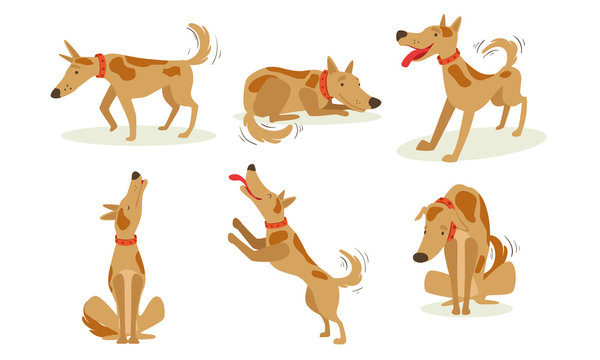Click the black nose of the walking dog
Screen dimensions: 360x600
[x=56, y=93]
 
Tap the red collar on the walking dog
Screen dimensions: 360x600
[x=100, y=66]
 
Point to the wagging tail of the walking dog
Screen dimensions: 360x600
[x=199, y=44]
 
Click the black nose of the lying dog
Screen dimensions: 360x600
[x=374, y=102]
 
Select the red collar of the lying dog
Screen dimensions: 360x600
[x=324, y=85]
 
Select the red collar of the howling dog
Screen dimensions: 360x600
[x=125, y=240]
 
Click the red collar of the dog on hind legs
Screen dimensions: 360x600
[x=276, y=223]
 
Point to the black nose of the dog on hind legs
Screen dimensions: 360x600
[x=251, y=168]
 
